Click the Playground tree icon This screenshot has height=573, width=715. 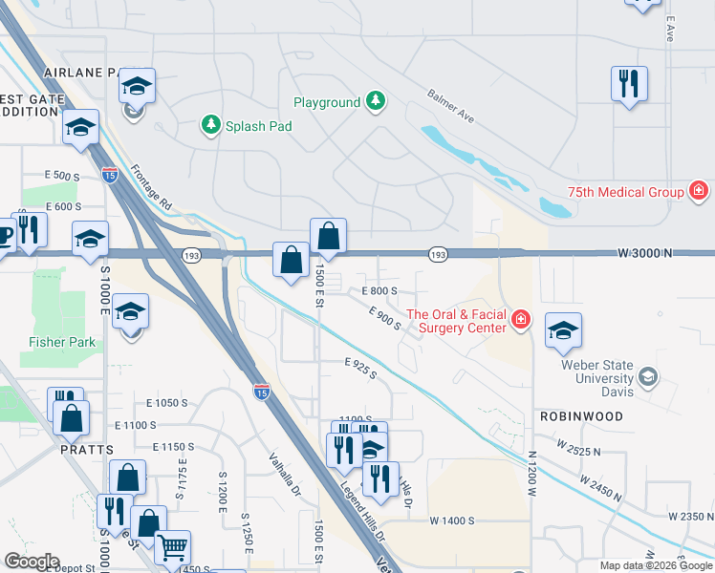[377, 101]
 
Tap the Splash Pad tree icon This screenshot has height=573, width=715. [209, 124]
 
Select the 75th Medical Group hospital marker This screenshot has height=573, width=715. [699, 191]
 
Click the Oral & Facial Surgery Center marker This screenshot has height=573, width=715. [520, 319]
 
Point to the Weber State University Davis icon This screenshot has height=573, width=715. [649, 377]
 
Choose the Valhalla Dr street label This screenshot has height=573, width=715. [285, 477]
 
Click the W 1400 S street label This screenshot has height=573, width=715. [452, 520]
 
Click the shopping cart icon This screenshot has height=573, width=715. [172, 547]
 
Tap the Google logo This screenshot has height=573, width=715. [32, 562]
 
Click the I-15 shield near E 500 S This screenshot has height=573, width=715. [110, 175]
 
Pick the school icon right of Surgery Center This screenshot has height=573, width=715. [563, 330]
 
